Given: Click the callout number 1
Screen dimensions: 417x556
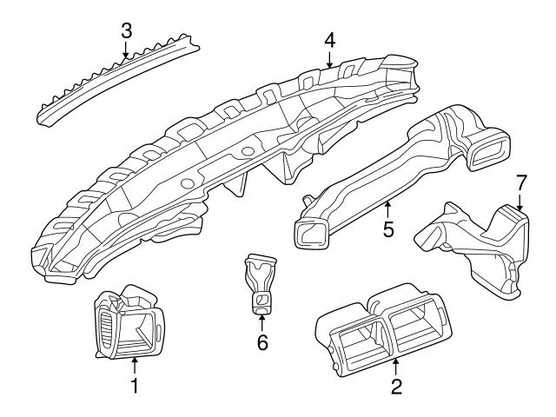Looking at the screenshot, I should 135,382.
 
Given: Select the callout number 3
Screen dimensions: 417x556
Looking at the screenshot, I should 127,30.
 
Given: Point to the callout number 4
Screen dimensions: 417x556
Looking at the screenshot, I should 330,40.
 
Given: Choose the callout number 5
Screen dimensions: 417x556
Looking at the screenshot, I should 388,229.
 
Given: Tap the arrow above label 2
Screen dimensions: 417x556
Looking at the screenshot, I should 396,366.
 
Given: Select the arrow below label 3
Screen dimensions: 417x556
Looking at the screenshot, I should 127,50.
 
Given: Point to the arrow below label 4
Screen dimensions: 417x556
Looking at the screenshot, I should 330,59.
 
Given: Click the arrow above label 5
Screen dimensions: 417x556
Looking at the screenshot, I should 388,208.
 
